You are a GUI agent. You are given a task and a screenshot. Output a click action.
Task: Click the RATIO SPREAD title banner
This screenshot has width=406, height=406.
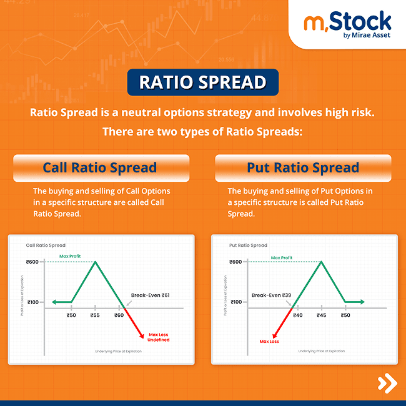pos(202,82)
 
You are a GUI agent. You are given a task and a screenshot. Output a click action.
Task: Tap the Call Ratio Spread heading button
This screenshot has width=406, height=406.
pos(100,167)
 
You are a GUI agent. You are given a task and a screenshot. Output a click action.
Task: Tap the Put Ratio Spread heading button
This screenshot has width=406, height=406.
pos(303,167)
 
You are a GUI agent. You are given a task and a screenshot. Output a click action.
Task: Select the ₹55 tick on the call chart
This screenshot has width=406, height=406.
pos(95,316)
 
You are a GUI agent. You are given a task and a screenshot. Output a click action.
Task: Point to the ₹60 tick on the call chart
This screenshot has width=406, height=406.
pos(119,316)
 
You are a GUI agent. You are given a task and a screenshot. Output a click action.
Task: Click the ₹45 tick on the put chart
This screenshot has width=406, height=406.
pos(321,316)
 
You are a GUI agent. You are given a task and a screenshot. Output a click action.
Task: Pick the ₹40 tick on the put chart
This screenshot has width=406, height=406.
pos(298,316)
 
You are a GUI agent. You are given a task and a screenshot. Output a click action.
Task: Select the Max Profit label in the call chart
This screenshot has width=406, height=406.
pos(71,256)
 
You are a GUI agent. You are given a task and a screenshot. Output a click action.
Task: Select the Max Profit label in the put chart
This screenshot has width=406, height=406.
pos(282,257)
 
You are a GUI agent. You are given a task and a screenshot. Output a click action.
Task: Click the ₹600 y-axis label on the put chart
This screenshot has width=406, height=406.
pos(235,262)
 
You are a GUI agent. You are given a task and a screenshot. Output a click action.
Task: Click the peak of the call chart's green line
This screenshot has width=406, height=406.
pos(95,262)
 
